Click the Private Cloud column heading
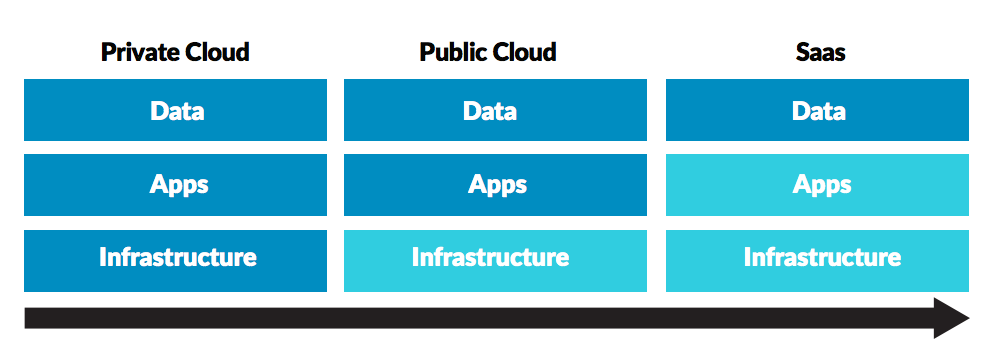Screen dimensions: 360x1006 pos(175,52)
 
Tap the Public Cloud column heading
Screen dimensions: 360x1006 pos(489,52)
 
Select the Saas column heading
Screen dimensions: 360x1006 pos(817,52)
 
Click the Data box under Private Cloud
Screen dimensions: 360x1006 pos(175,110)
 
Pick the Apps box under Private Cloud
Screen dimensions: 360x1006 pos(175,185)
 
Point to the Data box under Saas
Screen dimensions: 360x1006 pos(817,110)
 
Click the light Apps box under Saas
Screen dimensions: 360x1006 pos(817,185)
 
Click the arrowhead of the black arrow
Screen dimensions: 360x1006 pos(950,318)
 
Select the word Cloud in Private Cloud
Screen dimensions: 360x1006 pos(218,52)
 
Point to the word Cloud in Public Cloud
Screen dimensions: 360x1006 pos(526,52)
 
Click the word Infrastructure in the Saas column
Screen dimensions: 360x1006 pos(822,258)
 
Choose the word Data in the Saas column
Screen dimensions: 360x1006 pos(819,110)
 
